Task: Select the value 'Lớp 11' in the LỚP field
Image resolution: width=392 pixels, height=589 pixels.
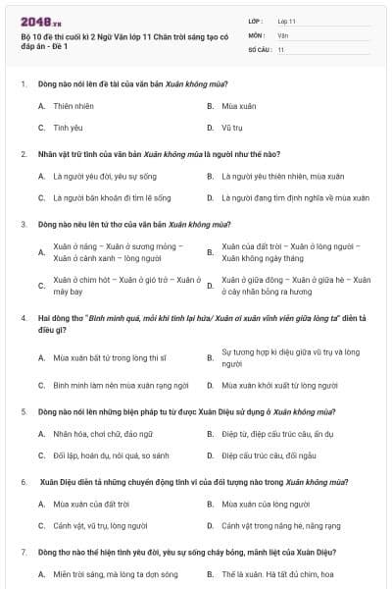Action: coord(287,21)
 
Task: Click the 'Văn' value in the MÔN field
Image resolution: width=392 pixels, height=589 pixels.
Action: coord(283,34)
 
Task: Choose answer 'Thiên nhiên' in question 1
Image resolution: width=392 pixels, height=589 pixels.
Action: coord(73,105)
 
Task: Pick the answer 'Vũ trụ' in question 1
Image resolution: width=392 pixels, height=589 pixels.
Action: coord(231,128)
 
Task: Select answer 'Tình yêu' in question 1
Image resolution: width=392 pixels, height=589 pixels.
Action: coord(68,128)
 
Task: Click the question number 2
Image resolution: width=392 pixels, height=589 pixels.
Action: coord(24,154)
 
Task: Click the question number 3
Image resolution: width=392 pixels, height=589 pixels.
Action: coord(24,224)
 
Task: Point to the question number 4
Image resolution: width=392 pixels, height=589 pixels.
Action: coord(24,318)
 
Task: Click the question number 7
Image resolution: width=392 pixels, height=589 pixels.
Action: coord(24,553)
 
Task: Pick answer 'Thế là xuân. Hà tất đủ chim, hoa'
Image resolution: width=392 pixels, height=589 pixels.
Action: coord(279,574)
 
